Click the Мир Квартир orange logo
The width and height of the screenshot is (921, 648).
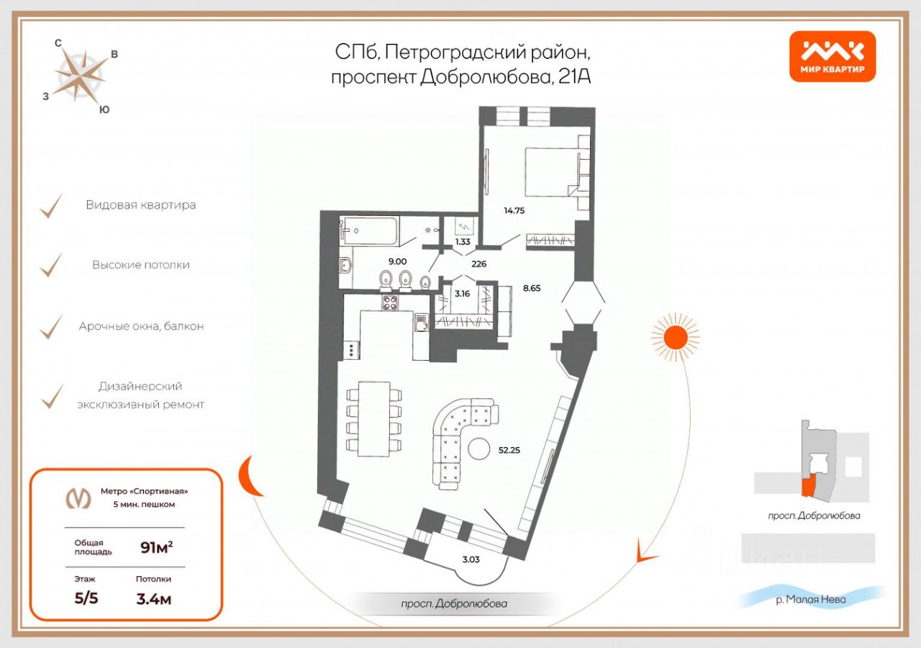point(832,56)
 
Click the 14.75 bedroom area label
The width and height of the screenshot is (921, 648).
point(514,211)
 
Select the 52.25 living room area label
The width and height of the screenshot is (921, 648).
point(509,450)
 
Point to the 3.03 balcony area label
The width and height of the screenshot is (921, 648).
point(471,559)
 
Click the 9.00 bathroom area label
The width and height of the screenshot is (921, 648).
point(398,261)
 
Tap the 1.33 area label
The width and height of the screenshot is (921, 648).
point(463,241)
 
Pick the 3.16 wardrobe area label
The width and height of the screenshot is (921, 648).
point(462,294)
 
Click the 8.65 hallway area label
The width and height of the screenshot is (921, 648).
point(532,288)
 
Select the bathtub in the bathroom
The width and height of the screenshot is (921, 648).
point(370,231)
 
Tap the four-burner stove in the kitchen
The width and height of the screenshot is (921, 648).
point(390,302)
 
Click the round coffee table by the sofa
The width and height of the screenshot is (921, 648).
point(479,449)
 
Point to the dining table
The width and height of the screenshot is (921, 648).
point(373,419)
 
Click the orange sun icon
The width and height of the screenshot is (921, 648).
point(675,338)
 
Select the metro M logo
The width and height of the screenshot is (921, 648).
point(78,499)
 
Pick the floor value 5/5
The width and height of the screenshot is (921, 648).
point(86,598)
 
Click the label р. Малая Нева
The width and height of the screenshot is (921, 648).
point(810,600)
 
